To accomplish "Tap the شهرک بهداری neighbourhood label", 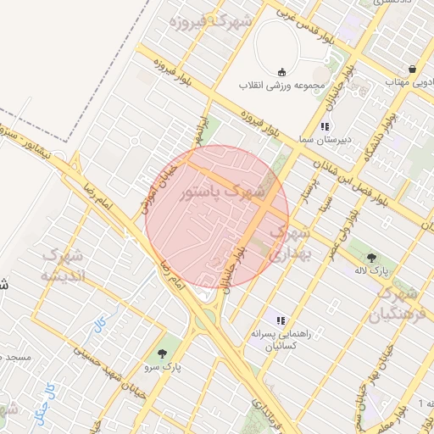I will [291, 241].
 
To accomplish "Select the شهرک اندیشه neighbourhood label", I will [64, 265].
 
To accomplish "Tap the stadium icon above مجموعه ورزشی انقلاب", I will [281, 71].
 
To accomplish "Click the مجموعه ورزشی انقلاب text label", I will [281, 86].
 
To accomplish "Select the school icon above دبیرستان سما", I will [324, 125].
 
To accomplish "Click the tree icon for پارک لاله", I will [372, 255].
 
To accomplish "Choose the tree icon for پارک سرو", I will [162, 352].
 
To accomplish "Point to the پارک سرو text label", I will [170, 366].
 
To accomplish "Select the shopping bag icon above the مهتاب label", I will [411, 70].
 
